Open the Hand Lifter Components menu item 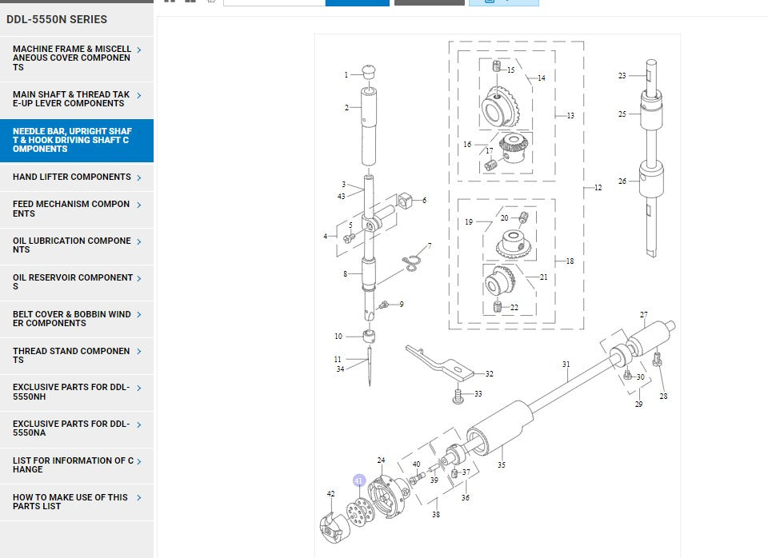pyautogui.click(x=72, y=177)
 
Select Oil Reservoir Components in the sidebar pyautogui.click(x=73, y=282)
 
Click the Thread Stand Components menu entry pyautogui.click(x=71, y=356)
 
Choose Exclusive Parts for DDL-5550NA pyautogui.click(x=71, y=428)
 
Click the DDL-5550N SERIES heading pyautogui.click(x=56, y=19)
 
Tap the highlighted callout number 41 pyautogui.click(x=359, y=480)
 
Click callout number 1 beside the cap pyautogui.click(x=346, y=75)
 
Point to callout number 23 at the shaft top pyautogui.click(x=622, y=76)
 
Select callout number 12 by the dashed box pyautogui.click(x=598, y=189)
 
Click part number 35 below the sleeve pyautogui.click(x=502, y=464)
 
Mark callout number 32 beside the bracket pyautogui.click(x=489, y=374)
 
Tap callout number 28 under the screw pyautogui.click(x=663, y=397)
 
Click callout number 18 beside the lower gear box pyautogui.click(x=570, y=261)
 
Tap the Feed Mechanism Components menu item pyautogui.click(x=71, y=209)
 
